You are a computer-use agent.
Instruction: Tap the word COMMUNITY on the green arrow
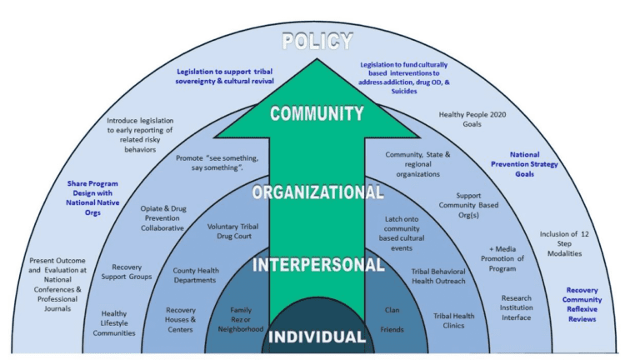pos(317,113)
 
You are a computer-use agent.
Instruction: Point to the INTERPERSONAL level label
pos(317,266)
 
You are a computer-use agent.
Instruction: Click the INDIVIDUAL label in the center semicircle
pos(317,337)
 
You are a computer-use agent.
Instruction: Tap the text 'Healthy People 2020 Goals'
pos(472,120)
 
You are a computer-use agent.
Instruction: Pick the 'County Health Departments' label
pos(195,276)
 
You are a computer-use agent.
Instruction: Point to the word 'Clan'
pos(392,310)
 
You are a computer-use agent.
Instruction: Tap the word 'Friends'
pos(392,330)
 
